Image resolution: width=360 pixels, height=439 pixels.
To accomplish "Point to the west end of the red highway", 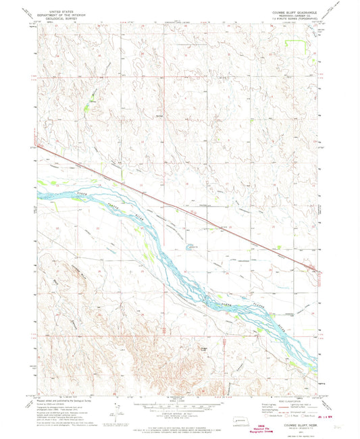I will [38, 145].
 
